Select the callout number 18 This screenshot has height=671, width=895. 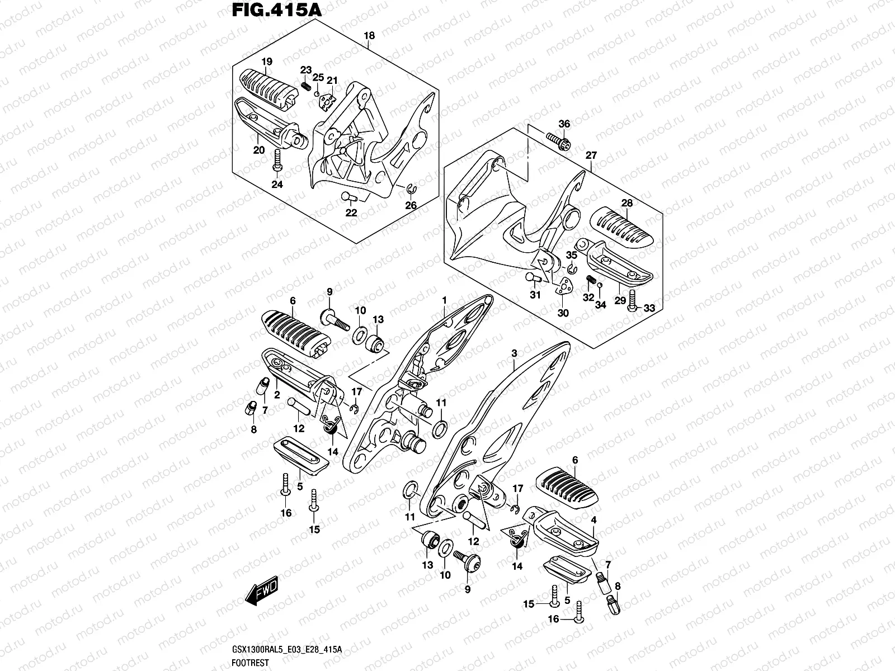369,36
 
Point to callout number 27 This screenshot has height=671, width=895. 591,155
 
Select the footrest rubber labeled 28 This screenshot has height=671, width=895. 625,225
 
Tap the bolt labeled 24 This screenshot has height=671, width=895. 277,160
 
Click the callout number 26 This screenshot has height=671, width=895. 411,205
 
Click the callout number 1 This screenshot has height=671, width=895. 445,301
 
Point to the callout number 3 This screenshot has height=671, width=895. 514,353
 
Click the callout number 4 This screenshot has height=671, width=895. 593,520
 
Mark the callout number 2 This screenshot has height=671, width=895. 276,395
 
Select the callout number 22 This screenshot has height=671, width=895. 351,213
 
